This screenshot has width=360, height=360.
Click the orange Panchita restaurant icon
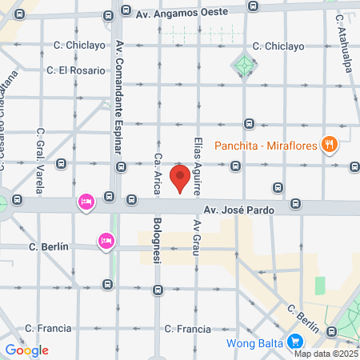(x=329, y=145)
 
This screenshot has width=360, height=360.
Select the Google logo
(x=26, y=350)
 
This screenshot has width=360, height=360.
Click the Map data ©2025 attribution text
(x=326, y=354)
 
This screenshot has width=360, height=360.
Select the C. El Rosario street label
(x=76, y=70)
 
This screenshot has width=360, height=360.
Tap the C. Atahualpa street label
(x=346, y=44)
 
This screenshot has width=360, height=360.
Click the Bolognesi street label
(x=158, y=239)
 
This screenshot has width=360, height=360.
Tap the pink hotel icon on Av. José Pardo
(x=86, y=202)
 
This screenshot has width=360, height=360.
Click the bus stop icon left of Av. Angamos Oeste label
(x=126, y=11)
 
